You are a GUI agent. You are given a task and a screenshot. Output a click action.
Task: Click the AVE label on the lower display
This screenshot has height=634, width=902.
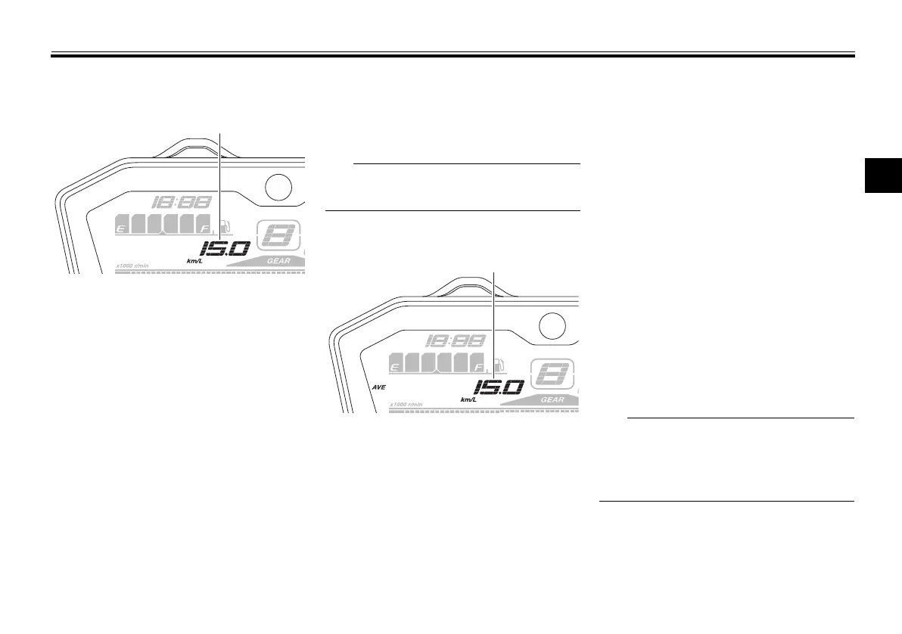379,387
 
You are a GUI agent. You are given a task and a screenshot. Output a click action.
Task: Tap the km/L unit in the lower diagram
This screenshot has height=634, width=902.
468,399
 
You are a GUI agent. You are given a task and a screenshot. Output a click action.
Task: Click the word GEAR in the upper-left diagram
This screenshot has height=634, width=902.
278,260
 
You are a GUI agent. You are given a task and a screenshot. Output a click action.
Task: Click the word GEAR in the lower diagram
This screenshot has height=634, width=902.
552,399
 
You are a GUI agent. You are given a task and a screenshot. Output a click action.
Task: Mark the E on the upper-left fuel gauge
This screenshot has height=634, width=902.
119,226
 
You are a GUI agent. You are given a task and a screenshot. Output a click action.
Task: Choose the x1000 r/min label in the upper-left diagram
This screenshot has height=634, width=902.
133,266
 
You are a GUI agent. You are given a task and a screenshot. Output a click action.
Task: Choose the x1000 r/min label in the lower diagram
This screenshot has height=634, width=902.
406,405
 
